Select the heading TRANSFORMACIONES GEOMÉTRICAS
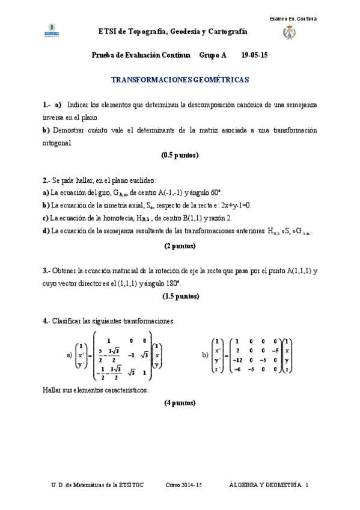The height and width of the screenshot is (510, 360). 180,79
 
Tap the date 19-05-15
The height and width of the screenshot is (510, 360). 254,55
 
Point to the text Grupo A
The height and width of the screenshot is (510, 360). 213,55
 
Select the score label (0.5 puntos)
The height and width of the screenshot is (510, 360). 180,155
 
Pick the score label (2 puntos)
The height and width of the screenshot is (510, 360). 180,245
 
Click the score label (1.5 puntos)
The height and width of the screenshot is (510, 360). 180,296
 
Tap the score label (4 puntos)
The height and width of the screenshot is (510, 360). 180,403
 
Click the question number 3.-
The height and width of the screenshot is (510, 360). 46,271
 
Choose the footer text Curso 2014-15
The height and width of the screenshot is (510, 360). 185,485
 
